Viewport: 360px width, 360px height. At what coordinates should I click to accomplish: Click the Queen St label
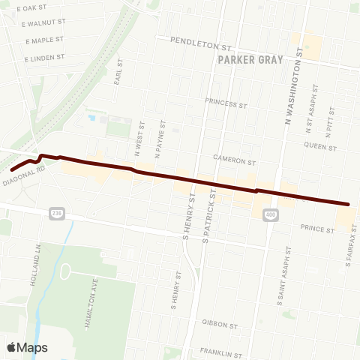click(x=321, y=147)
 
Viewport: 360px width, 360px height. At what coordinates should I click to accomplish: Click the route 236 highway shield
click(x=58, y=214)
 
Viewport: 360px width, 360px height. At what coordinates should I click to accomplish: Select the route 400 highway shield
click(x=268, y=216)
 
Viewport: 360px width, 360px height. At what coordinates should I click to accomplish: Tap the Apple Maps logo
click(x=26, y=347)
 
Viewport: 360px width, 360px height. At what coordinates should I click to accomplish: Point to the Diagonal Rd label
click(x=24, y=176)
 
